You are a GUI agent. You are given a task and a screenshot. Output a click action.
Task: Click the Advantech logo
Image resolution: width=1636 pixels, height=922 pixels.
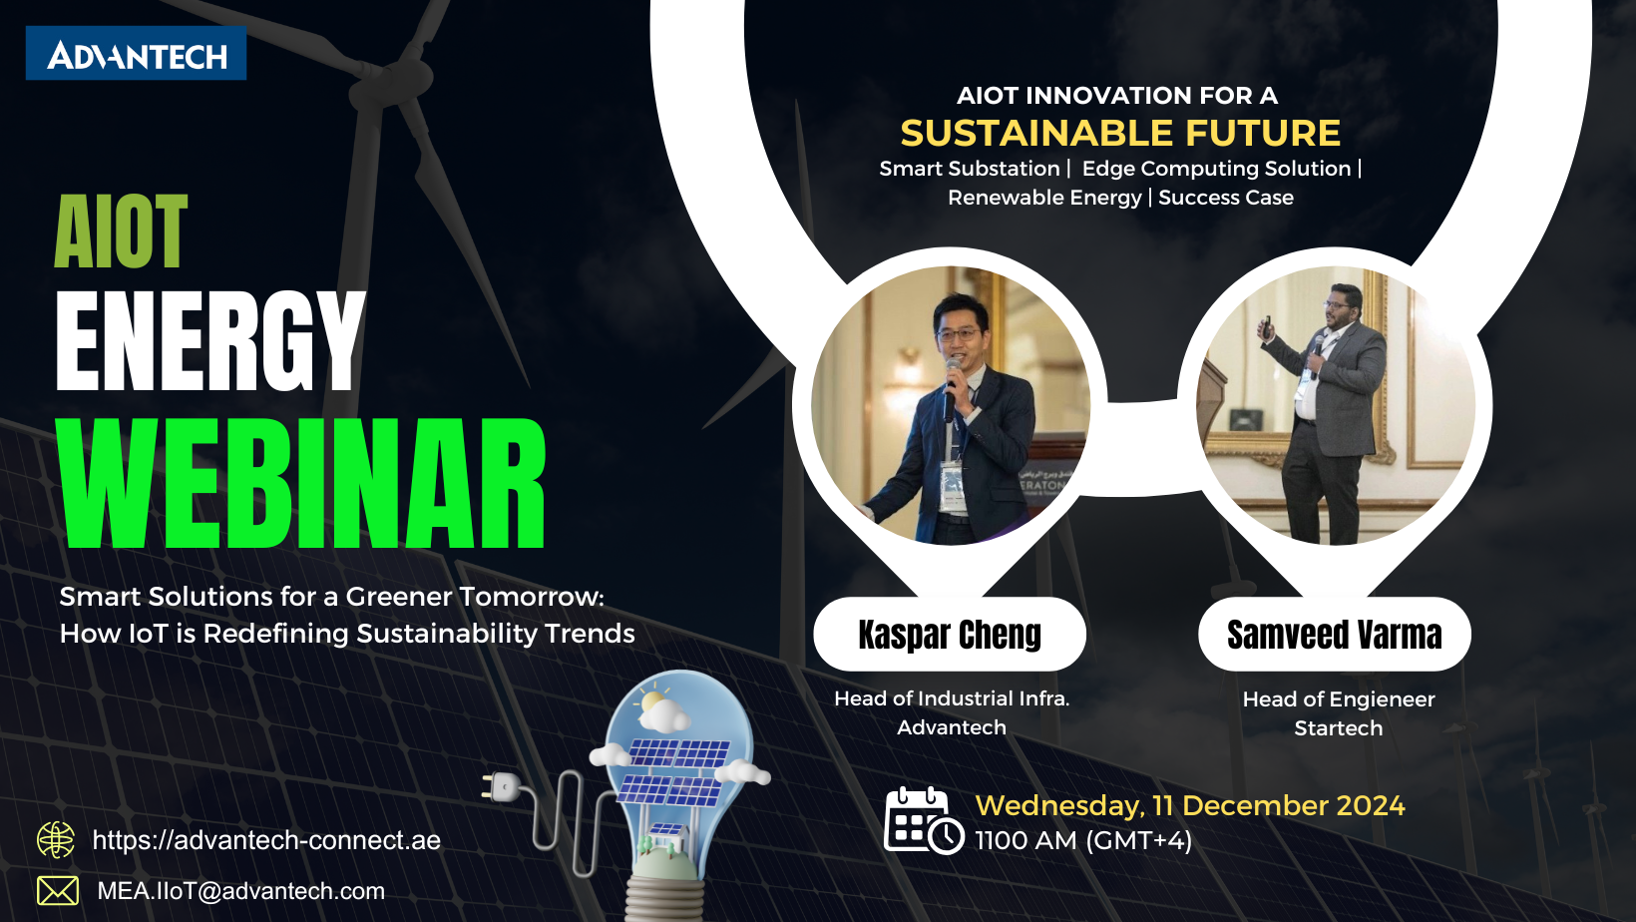(x=136, y=54)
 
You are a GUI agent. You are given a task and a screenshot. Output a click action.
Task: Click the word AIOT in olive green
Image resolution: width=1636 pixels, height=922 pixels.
(x=121, y=232)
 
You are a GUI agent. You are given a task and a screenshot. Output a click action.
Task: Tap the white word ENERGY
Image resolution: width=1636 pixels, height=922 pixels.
(x=210, y=341)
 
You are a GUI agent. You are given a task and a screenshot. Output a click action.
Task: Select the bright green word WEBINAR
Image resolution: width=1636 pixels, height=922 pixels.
(x=301, y=483)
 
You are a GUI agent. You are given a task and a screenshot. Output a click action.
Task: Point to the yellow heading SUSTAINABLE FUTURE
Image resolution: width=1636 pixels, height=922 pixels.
(x=1120, y=133)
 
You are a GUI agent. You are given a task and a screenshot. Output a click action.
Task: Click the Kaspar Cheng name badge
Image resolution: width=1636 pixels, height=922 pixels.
(x=950, y=635)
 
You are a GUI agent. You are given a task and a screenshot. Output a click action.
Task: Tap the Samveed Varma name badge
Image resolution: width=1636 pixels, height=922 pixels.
(x=1334, y=635)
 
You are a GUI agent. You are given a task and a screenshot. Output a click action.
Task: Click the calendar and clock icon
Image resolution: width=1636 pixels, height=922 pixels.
(x=923, y=822)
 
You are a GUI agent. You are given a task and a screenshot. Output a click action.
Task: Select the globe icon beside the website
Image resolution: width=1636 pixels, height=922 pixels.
(x=56, y=840)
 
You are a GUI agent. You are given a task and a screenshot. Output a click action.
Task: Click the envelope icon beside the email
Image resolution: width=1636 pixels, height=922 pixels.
(x=58, y=890)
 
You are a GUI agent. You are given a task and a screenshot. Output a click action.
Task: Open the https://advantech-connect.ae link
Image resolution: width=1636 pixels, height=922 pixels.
(x=266, y=840)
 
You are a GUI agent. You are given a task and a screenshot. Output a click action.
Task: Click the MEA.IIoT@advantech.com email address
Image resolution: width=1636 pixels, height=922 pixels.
(x=240, y=891)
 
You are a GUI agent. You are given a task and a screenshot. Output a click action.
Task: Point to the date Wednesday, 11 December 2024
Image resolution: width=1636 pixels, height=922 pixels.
(x=1189, y=805)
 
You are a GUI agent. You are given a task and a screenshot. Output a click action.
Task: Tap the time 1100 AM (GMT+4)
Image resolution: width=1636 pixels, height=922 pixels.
(x=1083, y=841)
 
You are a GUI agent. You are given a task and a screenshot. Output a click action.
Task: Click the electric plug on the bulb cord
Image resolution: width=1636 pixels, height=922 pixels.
(x=500, y=787)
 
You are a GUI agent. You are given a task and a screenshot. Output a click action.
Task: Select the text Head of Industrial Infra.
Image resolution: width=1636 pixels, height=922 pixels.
(x=952, y=698)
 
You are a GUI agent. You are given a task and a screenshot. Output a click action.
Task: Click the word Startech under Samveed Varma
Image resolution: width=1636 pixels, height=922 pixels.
(x=1338, y=728)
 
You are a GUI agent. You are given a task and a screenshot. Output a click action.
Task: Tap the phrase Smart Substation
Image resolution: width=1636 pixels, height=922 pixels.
(x=969, y=169)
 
